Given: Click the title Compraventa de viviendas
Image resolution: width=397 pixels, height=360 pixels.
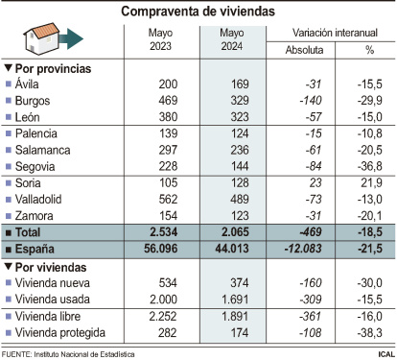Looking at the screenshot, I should [x=198, y=12].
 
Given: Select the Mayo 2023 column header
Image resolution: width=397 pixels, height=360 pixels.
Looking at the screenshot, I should [x=161, y=41].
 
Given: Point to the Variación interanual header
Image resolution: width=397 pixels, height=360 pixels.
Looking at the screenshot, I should [x=331, y=33].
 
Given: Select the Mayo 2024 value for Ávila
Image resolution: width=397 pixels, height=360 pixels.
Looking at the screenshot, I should [x=233, y=84].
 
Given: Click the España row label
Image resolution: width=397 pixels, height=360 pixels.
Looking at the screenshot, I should [x=38, y=248].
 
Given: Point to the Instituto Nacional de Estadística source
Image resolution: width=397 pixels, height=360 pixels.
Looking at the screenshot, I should [x=86, y=353].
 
